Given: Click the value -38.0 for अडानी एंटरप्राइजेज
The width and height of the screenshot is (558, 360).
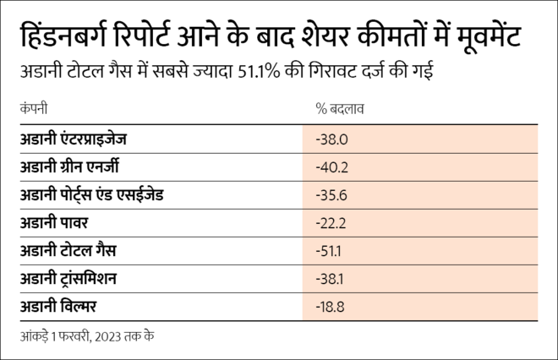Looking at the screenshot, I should (331, 139).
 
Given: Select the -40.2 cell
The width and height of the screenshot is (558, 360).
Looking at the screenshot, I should (331, 167).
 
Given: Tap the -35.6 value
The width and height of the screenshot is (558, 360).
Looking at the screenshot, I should (331, 195).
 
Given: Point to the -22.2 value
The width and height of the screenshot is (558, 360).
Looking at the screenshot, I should (331, 222).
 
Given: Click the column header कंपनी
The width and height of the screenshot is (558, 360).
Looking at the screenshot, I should (33, 108).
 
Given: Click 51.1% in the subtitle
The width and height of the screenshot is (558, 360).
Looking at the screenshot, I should (293, 72).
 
